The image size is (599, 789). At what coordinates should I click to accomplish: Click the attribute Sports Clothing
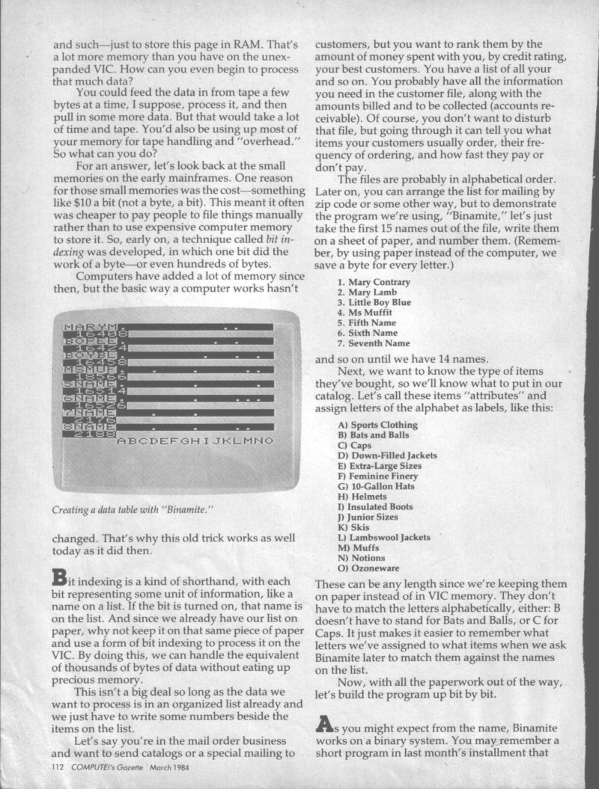click(378, 425)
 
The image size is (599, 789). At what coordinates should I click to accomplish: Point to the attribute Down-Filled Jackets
click(387, 455)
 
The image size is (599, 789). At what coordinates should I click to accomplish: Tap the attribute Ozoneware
click(371, 568)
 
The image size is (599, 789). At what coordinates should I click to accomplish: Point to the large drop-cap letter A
click(324, 723)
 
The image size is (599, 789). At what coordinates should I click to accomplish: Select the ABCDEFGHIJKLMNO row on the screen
click(195, 441)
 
